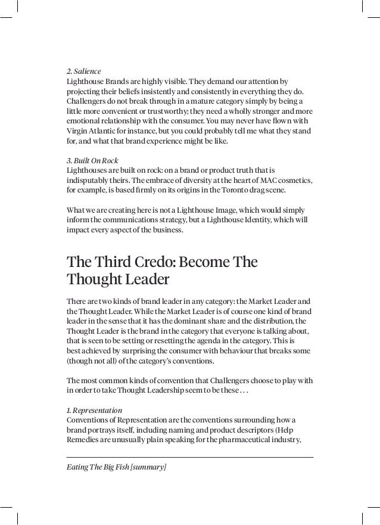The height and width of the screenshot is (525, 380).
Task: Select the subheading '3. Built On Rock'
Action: [x=92, y=161]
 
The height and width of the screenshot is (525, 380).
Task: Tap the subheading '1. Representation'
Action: [x=94, y=411]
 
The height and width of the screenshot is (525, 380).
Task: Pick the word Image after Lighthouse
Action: [x=238, y=210]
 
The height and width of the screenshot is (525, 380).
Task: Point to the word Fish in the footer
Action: [x=120, y=467]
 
